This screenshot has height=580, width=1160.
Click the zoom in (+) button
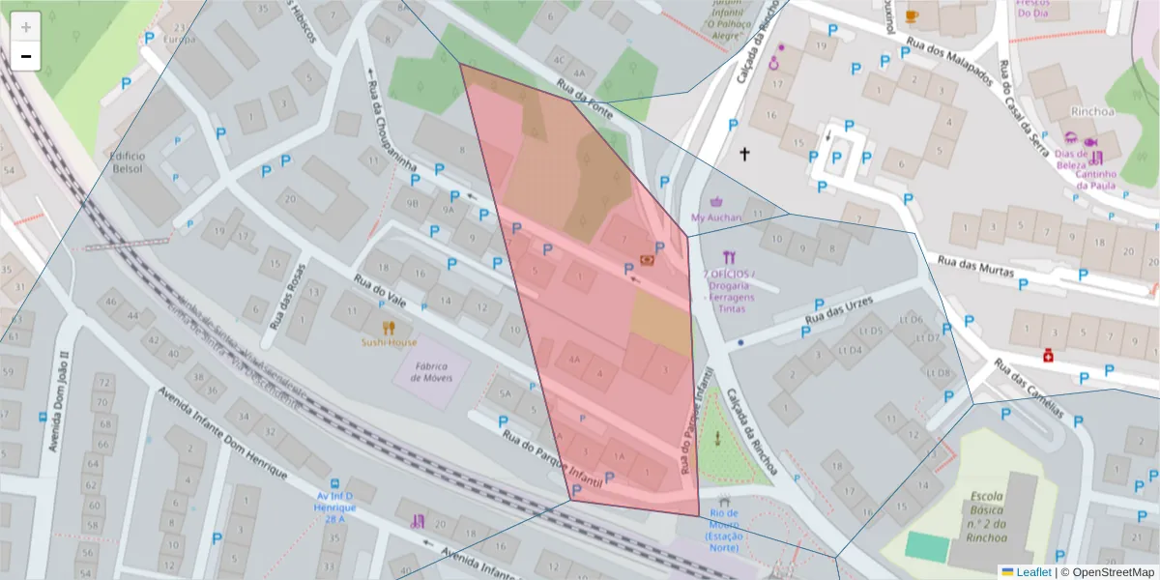pos(26,26)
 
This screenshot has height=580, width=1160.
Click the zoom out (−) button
pos(26,56)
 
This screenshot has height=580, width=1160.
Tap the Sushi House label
pos(389,342)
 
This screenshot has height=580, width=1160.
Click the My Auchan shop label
pos(716,217)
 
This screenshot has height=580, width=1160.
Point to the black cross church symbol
pos(744,154)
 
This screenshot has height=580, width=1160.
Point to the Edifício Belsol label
pos(127,161)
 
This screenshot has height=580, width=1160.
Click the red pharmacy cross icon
pos(1048,356)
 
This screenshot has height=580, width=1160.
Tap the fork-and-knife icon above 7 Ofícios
pos(729,257)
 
